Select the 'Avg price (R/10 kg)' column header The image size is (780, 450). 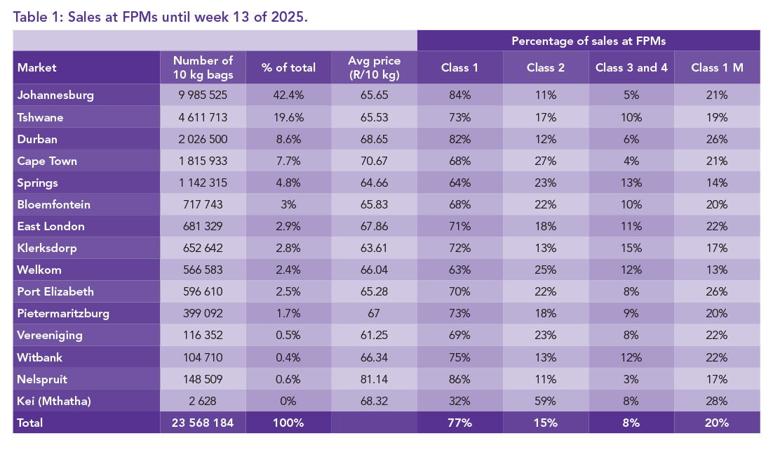pyautogui.click(x=374, y=68)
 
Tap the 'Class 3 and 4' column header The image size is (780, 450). pyautogui.click(x=631, y=68)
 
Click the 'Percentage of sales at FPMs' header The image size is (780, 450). pyautogui.click(x=588, y=41)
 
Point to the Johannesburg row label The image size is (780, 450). pyautogui.click(x=55, y=95)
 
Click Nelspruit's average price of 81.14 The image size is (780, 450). pyautogui.click(x=374, y=379)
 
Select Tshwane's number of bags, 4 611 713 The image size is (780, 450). pyautogui.click(x=203, y=117)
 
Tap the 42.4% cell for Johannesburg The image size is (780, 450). pyautogui.click(x=288, y=95)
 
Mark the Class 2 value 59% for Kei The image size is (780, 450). pyautogui.click(x=545, y=401)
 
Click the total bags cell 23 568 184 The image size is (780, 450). pyautogui.click(x=203, y=423)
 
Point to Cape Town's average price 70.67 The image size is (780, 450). pyautogui.click(x=374, y=161)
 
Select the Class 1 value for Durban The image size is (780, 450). pyautogui.click(x=459, y=139)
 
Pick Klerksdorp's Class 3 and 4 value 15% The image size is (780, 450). pyautogui.click(x=631, y=248)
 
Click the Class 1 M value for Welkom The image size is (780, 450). pyautogui.click(x=717, y=270)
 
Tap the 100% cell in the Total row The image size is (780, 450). pyautogui.click(x=288, y=423)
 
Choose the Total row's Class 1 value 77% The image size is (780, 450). pyautogui.click(x=459, y=423)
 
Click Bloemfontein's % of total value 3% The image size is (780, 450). pyautogui.click(x=288, y=204)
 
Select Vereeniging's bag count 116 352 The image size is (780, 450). pyautogui.click(x=203, y=336)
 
